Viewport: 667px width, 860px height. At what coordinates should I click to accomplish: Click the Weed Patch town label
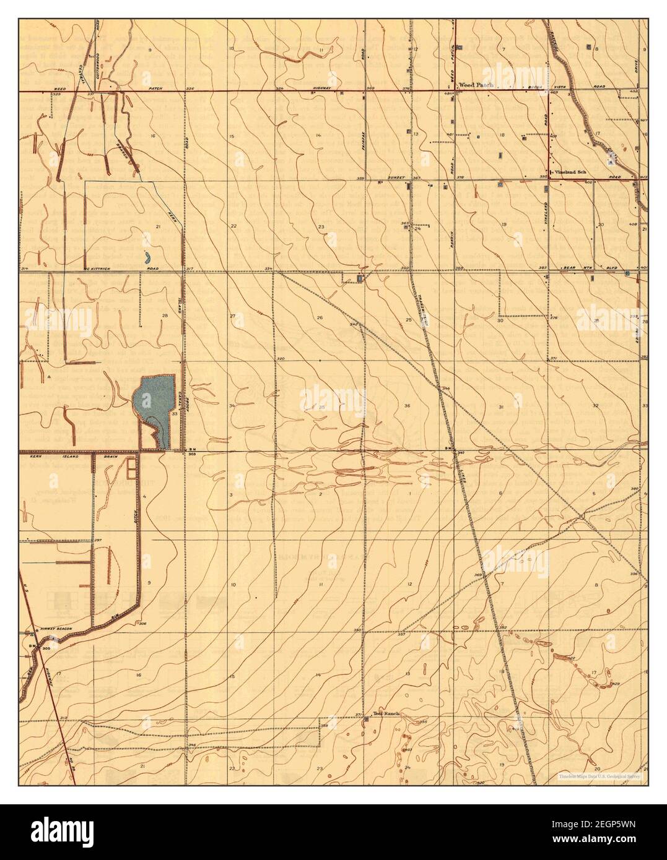point(475,85)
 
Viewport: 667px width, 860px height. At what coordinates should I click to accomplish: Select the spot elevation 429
point(617,684)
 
